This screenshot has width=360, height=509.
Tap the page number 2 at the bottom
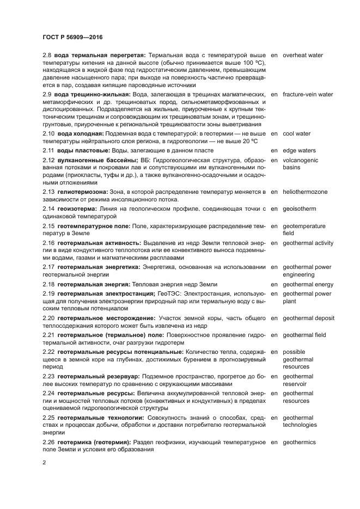(x=44, y=462)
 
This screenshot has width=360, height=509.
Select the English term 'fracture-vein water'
(x=308, y=94)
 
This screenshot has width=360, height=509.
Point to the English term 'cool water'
(x=296, y=133)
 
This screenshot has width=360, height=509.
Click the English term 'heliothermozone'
(x=309, y=192)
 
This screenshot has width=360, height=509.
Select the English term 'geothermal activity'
(x=308, y=243)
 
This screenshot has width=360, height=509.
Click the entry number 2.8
(x=47, y=55)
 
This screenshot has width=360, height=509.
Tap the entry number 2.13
(x=49, y=192)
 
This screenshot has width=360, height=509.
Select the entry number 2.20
(x=49, y=318)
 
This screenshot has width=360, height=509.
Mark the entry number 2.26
(x=49, y=442)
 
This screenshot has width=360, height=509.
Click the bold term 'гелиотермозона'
(x=83, y=192)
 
